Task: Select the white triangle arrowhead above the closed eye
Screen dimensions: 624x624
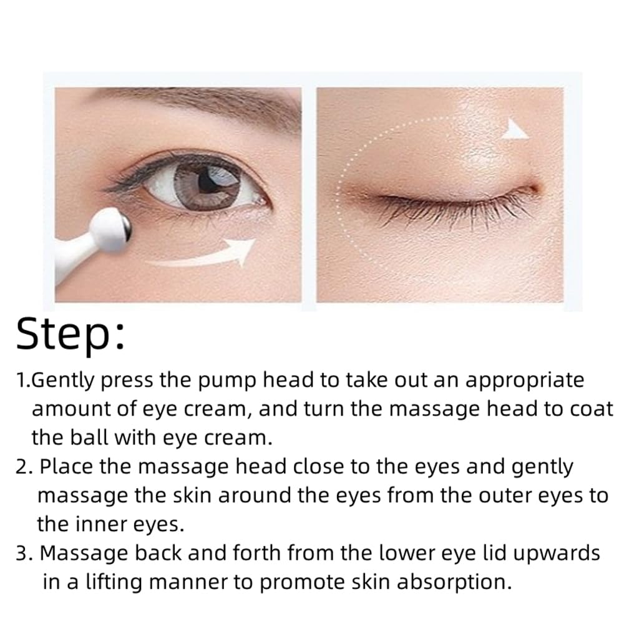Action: (x=515, y=129)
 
